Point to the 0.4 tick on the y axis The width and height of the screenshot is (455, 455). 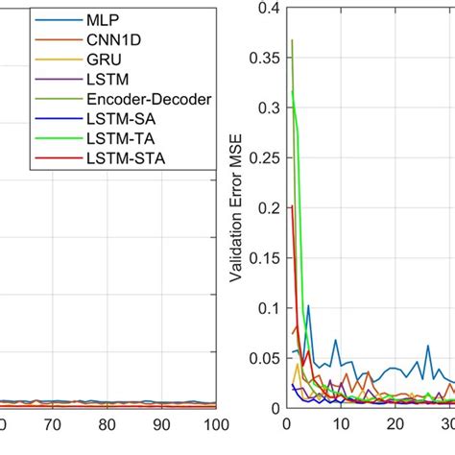click(x=264, y=10)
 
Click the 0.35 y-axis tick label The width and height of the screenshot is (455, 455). click(x=260, y=60)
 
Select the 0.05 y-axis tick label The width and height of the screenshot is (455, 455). click(x=260, y=359)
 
